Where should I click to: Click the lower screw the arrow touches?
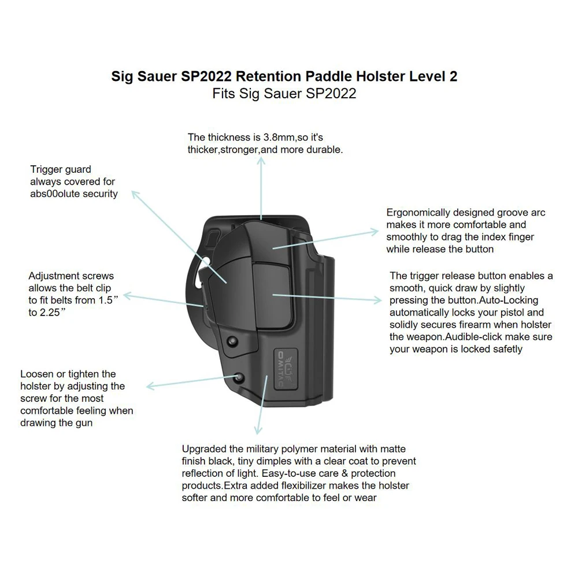point(239,376)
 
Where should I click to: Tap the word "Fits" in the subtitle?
point(224,93)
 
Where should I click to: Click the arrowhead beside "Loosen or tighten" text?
point(150,386)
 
